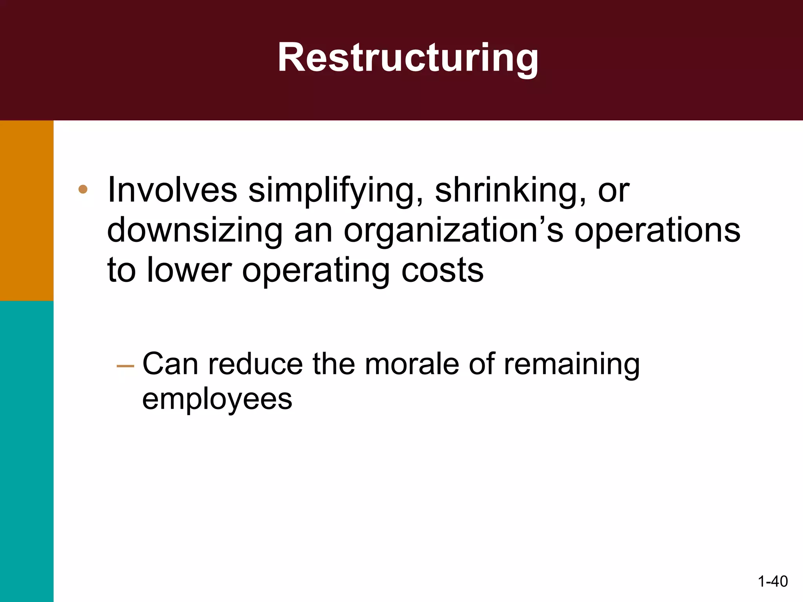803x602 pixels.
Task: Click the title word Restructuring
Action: click(408, 58)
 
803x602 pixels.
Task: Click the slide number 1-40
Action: click(772, 581)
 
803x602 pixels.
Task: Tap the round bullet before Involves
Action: click(83, 190)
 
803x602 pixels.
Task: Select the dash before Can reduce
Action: click(125, 366)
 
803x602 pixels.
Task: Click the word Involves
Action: click(172, 190)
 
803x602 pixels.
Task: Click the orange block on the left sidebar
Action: click(27, 210)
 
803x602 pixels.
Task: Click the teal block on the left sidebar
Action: click(27, 451)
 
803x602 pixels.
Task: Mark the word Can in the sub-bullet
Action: click(170, 364)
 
